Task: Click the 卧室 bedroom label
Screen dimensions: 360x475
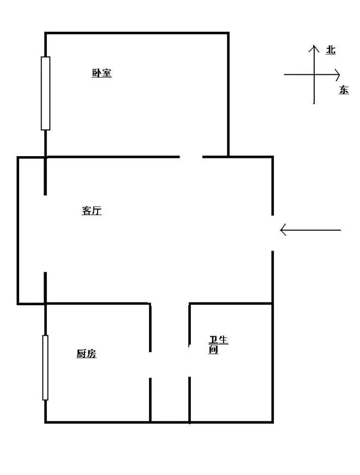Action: pyautogui.click(x=101, y=73)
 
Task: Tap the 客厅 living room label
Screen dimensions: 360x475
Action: pyautogui.click(x=92, y=211)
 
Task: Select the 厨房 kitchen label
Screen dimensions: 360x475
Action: pyautogui.click(x=86, y=354)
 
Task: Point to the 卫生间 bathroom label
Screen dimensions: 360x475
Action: pyautogui.click(x=218, y=345)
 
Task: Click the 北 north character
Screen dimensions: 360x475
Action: pyautogui.click(x=331, y=50)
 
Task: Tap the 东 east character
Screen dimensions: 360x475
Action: pyautogui.click(x=344, y=90)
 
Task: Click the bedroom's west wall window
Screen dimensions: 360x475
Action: pyautogui.click(x=45, y=93)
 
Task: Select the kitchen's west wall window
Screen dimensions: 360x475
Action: pyautogui.click(x=45, y=367)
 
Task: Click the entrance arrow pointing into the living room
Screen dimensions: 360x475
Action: pyautogui.click(x=310, y=230)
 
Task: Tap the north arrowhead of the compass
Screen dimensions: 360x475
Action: pyautogui.click(x=314, y=45)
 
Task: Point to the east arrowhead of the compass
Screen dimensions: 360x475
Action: pyautogui.click(x=339, y=74)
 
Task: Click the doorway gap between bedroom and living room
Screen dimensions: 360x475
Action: pyautogui.click(x=191, y=157)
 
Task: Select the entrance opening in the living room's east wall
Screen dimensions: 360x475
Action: pyautogui.click(x=273, y=233)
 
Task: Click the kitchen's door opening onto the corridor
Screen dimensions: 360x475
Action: pyautogui.click(x=150, y=365)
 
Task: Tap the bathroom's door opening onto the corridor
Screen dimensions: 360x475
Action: pyautogui.click(x=189, y=361)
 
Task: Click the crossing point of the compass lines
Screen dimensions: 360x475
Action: pyautogui.click(x=314, y=74)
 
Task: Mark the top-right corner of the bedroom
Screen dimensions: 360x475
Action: pyautogui.click(x=229, y=33)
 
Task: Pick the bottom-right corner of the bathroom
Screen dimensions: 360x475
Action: pyautogui.click(x=273, y=421)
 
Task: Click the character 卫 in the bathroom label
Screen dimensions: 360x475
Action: pyautogui.click(x=213, y=340)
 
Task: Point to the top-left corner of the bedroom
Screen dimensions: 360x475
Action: pyautogui.click(x=45, y=33)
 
